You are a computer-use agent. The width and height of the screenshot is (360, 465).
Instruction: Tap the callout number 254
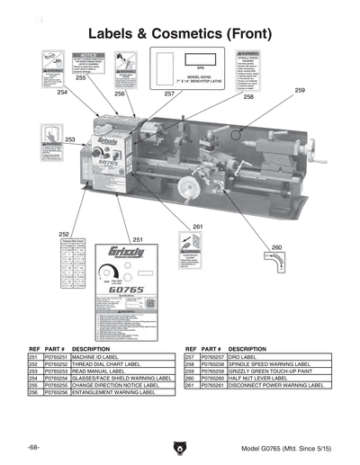62,93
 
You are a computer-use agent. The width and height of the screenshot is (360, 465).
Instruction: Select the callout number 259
300,91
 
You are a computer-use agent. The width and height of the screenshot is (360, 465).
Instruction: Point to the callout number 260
276,246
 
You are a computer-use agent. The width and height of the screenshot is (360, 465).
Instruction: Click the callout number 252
64,233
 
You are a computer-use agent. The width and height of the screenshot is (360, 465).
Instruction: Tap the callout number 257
169,94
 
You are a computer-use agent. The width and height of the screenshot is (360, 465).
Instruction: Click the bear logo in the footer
180,445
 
